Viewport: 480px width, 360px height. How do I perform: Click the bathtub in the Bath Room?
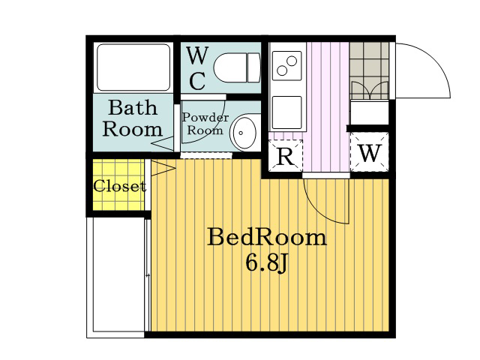(133, 67)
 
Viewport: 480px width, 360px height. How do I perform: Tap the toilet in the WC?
(237, 67)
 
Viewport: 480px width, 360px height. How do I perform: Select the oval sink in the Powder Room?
(243, 133)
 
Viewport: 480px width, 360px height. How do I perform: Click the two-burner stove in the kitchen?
(286, 66)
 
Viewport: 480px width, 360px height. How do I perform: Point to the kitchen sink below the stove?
(286, 112)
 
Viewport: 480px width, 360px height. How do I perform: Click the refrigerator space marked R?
(286, 155)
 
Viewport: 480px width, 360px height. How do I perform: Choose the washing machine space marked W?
(370, 152)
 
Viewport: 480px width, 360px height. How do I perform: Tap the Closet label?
(120, 186)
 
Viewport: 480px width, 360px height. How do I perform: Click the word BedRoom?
(267, 238)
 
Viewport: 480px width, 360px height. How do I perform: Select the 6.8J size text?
(266, 263)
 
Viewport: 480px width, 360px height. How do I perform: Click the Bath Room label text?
(132, 118)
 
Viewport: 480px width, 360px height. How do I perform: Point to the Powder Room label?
(205, 124)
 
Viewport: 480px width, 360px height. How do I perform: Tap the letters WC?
(197, 68)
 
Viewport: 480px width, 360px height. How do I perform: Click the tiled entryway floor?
(369, 70)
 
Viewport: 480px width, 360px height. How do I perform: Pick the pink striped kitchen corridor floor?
(328, 107)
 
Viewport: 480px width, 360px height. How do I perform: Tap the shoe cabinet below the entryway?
(370, 112)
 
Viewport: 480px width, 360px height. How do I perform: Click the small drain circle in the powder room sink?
(241, 133)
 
